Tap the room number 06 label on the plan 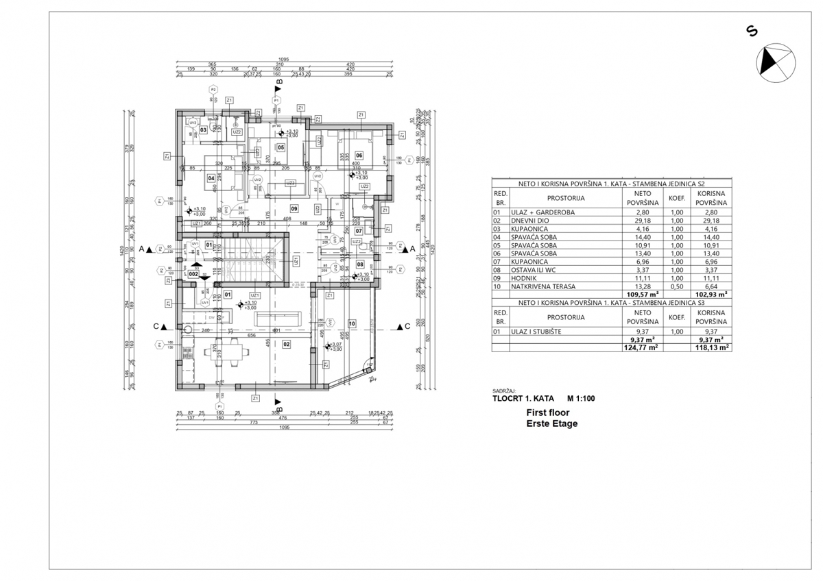pos(359,156)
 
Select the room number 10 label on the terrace pos(352,323)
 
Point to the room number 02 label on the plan pos(287,345)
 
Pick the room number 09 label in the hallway pos(294,208)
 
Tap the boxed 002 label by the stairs pos(193,274)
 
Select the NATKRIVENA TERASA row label pos(542,286)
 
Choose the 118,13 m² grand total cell pos(709,347)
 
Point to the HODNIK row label pos(525,278)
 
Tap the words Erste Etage pos(551,423)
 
